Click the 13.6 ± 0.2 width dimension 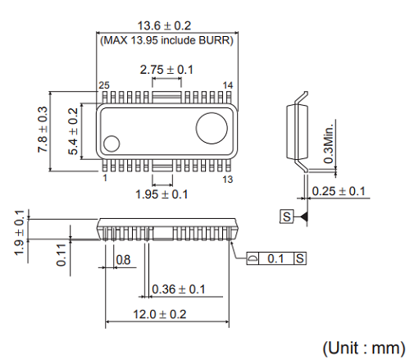tap(167, 25)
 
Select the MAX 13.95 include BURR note tap(167, 40)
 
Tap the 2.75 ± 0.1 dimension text tap(166, 70)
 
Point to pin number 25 tap(104, 86)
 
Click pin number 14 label tap(229, 86)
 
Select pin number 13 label tap(229, 178)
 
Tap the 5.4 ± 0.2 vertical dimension tap(72, 131)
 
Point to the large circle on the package tap(211, 127)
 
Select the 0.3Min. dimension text tap(329, 144)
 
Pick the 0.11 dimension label tap(61, 256)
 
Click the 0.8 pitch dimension tap(123, 260)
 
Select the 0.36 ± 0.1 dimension tap(179, 289)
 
